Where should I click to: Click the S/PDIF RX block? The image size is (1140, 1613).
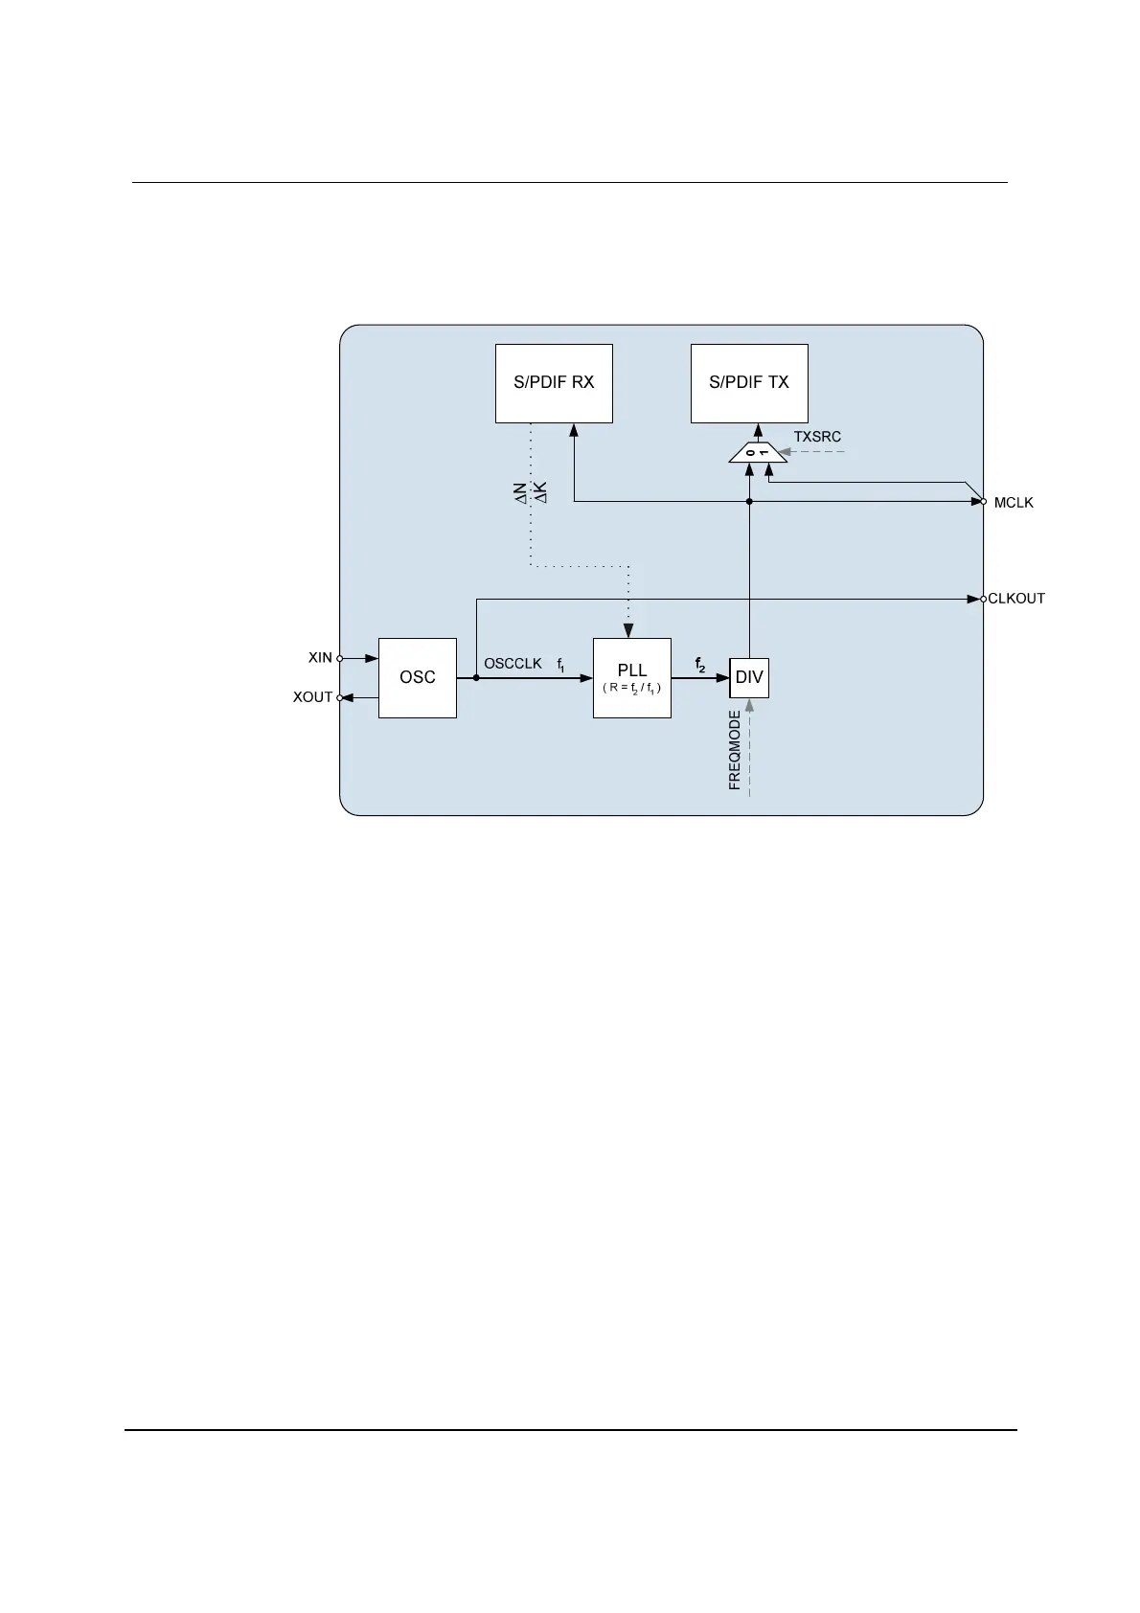(x=554, y=383)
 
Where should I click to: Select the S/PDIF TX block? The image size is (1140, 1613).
(x=749, y=383)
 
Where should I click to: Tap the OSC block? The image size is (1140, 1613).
(x=418, y=677)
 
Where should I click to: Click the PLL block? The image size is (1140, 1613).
(x=632, y=677)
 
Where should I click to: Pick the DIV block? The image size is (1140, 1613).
(x=749, y=677)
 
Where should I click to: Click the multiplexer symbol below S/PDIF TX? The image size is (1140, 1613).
(x=758, y=452)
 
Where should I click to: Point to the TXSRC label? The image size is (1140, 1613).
(x=817, y=437)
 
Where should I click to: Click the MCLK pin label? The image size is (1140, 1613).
(x=1014, y=503)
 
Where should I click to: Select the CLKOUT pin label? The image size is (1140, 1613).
(x=1016, y=599)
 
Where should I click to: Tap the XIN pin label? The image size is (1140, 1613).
(x=320, y=658)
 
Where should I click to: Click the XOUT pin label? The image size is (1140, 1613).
(x=312, y=697)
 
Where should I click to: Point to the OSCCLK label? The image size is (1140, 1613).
(x=513, y=663)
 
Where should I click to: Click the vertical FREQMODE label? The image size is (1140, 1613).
(x=735, y=750)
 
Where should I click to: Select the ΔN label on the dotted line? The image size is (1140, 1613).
(x=520, y=493)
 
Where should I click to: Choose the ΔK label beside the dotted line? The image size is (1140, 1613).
(x=540, y=493)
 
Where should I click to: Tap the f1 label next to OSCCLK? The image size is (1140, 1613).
(x=561, y=664)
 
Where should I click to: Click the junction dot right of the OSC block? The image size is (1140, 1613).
(x=476, y=677)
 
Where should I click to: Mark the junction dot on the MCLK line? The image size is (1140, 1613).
(x=749, y=501)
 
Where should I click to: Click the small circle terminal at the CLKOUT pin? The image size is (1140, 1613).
(x=983, y=599)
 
